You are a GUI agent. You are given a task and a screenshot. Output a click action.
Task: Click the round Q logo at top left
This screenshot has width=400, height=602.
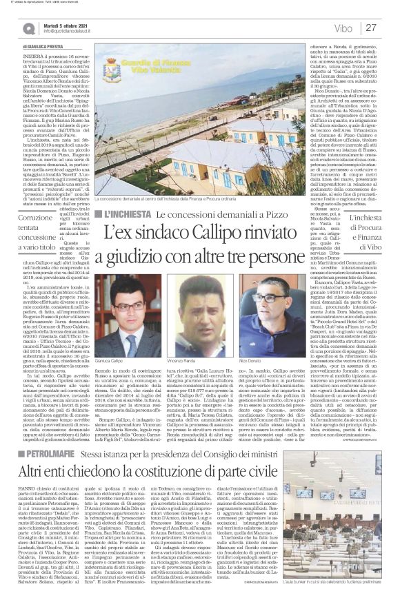[28, 27]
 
